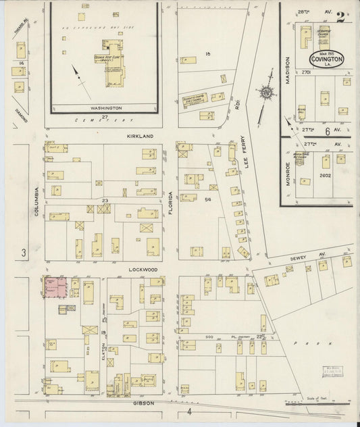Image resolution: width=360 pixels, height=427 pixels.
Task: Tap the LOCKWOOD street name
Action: point(143,269)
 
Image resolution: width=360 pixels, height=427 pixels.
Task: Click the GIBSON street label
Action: point(143,403)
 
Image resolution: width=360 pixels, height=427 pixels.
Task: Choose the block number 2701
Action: point(305,71)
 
